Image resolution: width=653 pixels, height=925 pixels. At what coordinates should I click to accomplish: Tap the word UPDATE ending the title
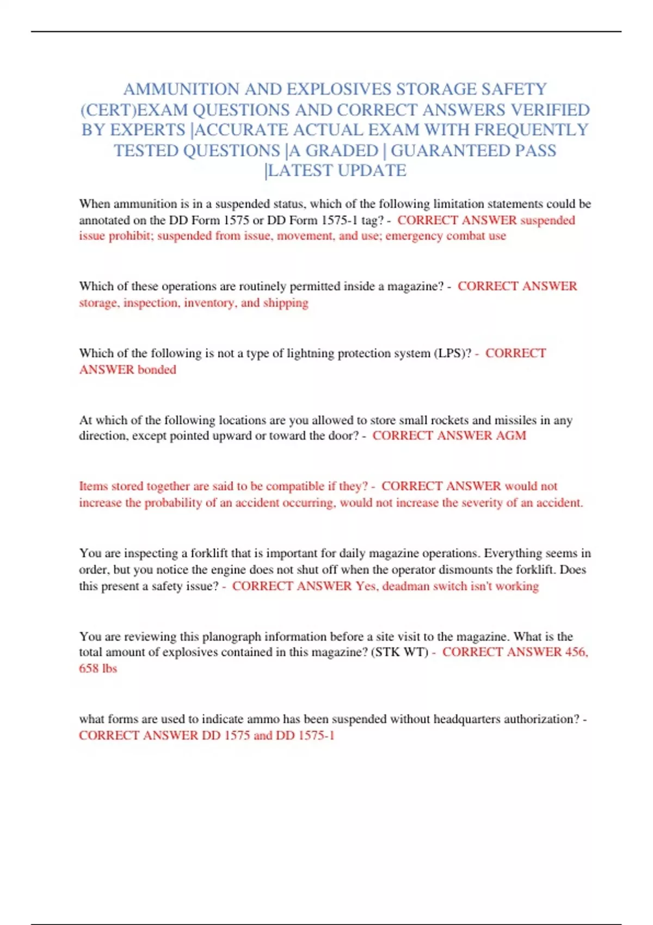point(372,171)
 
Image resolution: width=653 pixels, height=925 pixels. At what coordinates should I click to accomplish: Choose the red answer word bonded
point(157,370)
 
